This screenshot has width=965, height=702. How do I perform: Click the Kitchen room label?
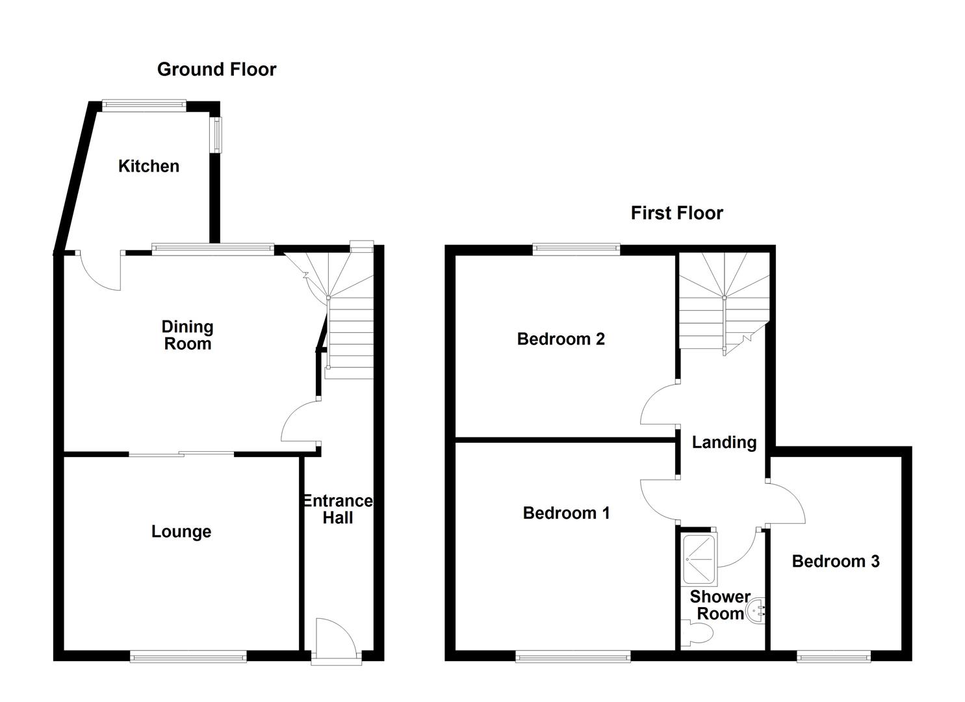coord(149,166)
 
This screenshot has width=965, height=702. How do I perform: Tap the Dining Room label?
coord(187,335)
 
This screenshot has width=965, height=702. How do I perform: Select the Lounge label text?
coord(181,532)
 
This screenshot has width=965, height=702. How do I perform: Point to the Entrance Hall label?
coord(338,510)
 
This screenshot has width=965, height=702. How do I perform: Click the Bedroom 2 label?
coord(561,339)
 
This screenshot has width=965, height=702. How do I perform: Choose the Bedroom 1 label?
coord(566,513)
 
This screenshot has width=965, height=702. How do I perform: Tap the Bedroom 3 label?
coord(836,561)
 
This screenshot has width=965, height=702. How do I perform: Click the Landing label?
coord(724,443)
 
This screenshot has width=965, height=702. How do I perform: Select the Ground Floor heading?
coord(216,70)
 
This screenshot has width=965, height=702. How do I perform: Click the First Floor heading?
coord(676,213)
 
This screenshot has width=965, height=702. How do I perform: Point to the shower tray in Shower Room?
coord(699,559)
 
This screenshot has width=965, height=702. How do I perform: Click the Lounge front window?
coord(188,658)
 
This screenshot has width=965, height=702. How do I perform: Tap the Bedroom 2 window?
coord(576,248)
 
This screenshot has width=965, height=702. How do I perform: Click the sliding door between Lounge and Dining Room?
coord(181,453)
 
